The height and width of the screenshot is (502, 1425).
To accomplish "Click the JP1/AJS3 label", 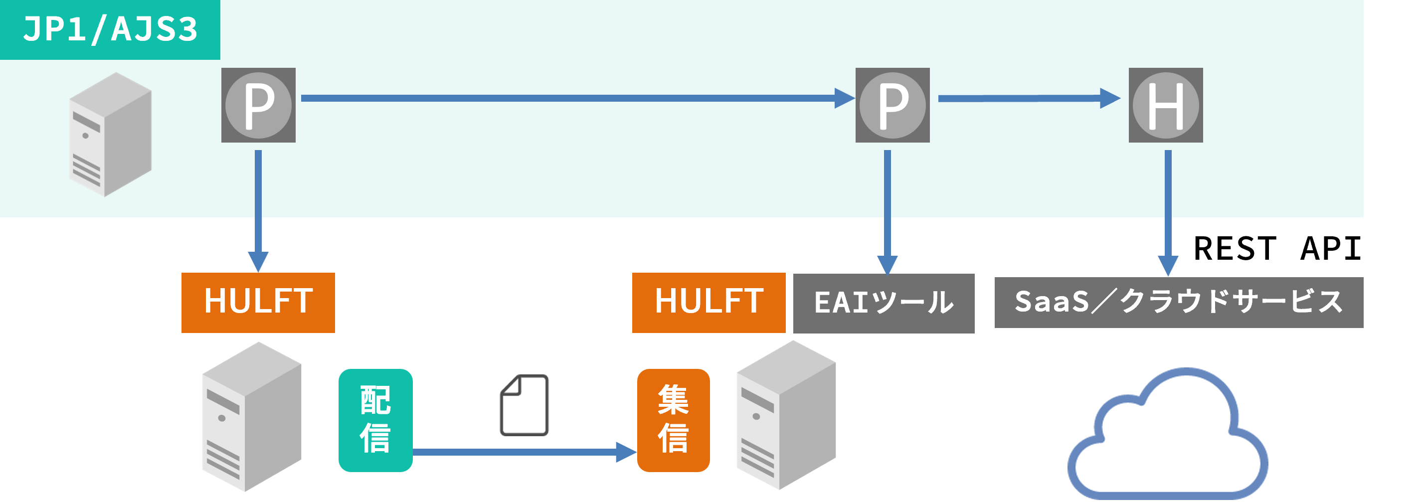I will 110,29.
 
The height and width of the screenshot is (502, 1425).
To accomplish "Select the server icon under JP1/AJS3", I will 110,134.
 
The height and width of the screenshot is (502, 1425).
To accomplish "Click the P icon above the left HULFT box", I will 258,105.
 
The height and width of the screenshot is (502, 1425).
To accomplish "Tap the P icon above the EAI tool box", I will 892,105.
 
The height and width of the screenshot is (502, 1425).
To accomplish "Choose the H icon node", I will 1166,105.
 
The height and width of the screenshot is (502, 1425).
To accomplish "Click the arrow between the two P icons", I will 575,98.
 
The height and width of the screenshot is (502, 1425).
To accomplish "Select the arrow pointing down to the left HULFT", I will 258,210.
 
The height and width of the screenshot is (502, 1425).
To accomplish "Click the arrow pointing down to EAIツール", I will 888,210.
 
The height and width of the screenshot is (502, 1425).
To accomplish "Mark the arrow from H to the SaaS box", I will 1168,210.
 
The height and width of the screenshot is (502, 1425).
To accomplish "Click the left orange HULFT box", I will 258,303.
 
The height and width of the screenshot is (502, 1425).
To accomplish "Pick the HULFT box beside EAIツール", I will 709,303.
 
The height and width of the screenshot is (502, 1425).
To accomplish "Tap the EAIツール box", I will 884,303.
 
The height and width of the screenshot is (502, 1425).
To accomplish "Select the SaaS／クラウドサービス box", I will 1178,303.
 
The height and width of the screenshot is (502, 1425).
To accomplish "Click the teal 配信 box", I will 375,420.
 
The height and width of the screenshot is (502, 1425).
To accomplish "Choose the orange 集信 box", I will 673,420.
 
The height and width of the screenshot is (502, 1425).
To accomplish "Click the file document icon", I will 525,405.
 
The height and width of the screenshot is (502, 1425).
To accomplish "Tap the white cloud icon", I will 1167,437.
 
